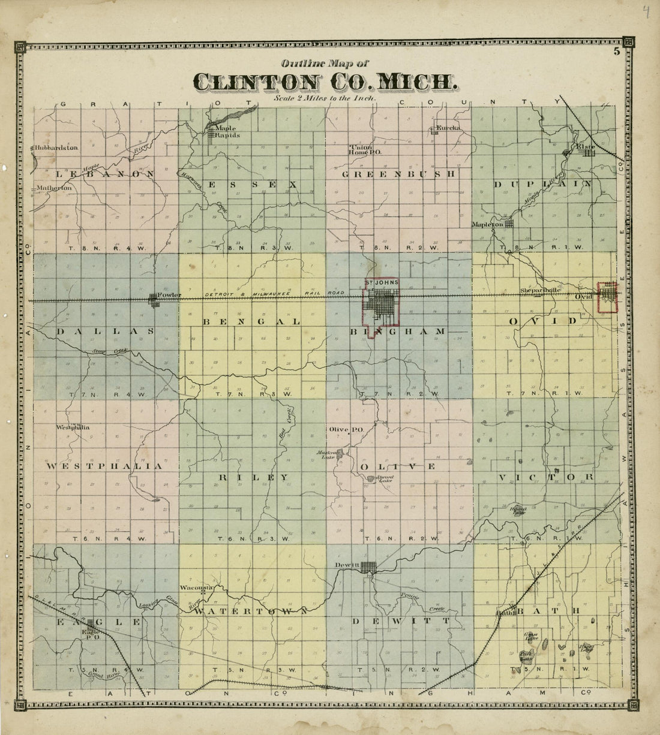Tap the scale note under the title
click(323, 97)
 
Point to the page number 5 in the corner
click(616, 52)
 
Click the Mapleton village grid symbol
click(509, 224)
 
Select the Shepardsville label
click(540, 291)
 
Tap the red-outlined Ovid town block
click(608, 297)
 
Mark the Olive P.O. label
click(343, 429)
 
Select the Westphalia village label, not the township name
click(73, 427)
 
